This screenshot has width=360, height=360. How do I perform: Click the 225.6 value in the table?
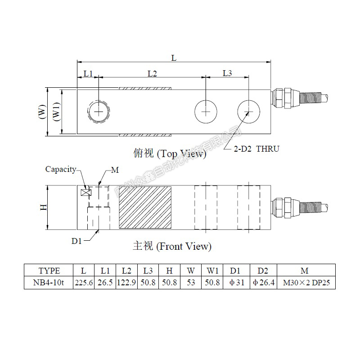point(84,283)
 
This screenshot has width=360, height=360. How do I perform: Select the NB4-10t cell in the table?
point(49,283)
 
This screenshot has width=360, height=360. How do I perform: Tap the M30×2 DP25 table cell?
point(306,283)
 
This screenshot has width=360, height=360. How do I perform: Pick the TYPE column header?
point(49,271)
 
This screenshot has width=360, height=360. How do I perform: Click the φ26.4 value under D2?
point(264,283)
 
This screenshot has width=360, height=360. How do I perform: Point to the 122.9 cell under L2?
point(127,283)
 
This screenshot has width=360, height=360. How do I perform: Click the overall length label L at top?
point(174,58)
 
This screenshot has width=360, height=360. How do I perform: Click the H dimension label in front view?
point(43,207)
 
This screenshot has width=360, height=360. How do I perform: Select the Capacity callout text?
point(61,170)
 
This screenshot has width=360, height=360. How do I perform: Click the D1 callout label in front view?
point(76,241)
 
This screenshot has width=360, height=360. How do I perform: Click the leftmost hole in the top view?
point(99,111)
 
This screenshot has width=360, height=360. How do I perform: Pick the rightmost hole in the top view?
point(249,111)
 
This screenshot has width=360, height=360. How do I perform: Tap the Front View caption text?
point(172,246)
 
